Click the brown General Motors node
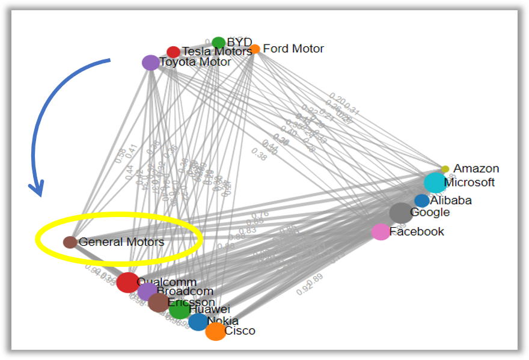(x=70, y=242)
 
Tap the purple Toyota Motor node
(x=150, y=63)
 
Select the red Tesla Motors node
(x=173, y=52)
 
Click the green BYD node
(x=219, y=43)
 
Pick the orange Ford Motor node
(x=255, y=49)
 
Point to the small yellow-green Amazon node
(x=445, y=169)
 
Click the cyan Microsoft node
(x=435, y=183)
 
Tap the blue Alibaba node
(x=421, y=201)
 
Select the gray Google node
(x=400, y=213)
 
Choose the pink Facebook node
(x=381, y=232)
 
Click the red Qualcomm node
(x=127, y=282)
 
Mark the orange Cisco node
(x=215, y=331)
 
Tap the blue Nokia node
(x=198, y=322)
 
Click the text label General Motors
(x=121, y=242)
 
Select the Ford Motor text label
(x=293, y=49)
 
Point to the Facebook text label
(x=417, y=231)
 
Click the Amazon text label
(x=476, y=169)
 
